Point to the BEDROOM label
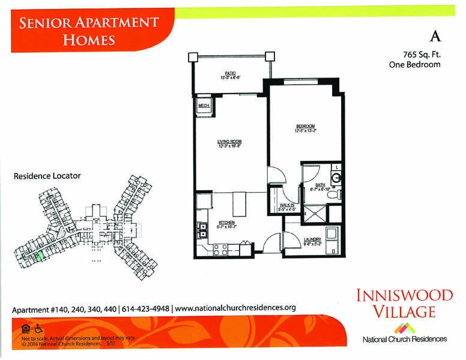pos(305,126)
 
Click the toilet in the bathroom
pos(338,194)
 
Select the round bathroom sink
pos(337,178)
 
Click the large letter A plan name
pos(437,36)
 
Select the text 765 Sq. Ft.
pos(415,54)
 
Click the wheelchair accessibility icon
pos(39,328)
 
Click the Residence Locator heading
pos(47,176)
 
